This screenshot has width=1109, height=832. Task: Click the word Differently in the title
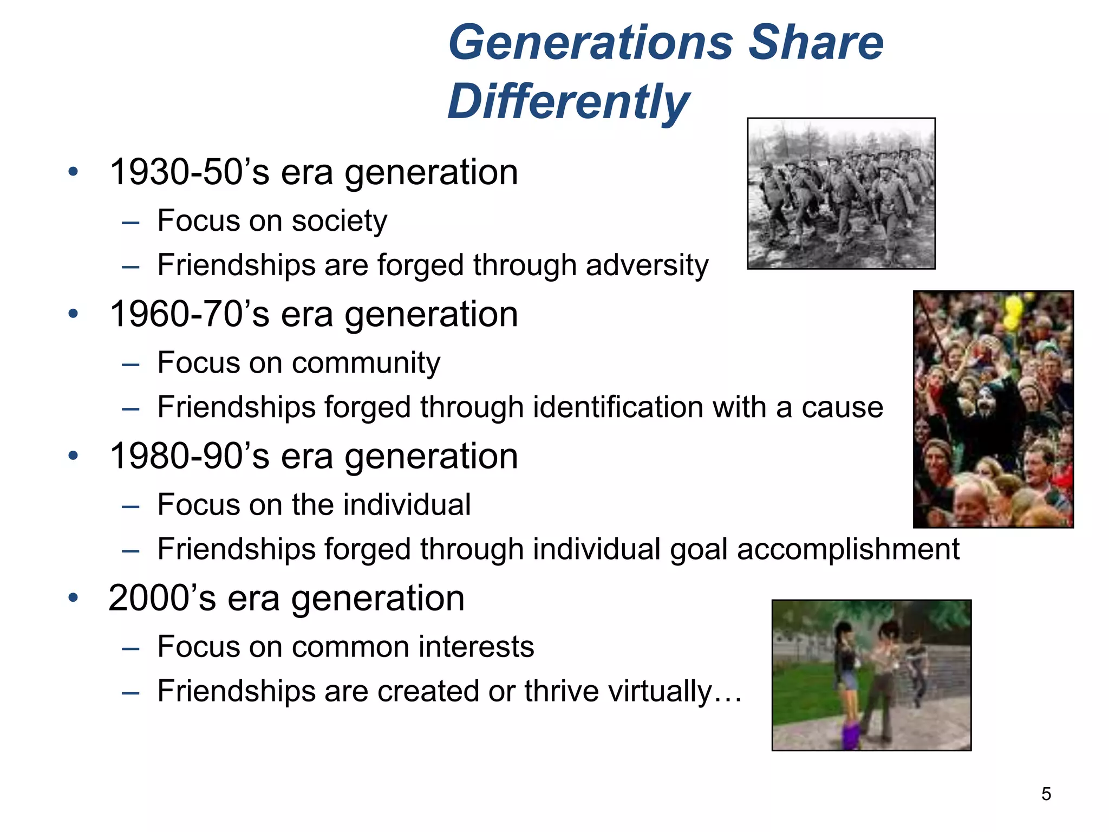point(568,101)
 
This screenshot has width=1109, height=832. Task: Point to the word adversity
point(647,265)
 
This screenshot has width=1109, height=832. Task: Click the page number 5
point(1046,794)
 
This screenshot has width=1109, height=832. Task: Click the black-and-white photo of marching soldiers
point(841,193)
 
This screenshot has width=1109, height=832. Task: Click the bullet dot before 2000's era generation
point(73,598)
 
